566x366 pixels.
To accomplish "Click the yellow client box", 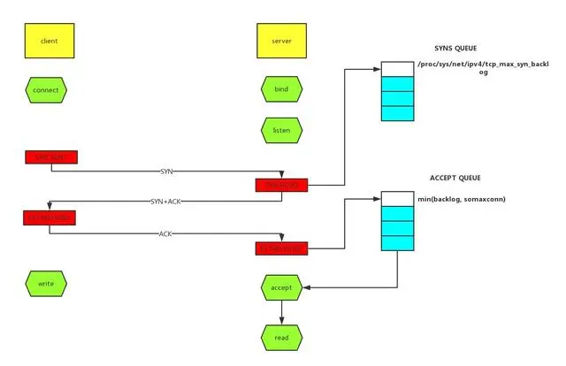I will pyautogui.click(x=50, y=41).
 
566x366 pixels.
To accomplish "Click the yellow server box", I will pyautogui.click(x=281, y=41).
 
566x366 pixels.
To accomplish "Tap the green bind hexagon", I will pyautogui.click(x=281, y=89).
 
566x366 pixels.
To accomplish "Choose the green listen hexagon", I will pyautogui.click(x=281, y=130).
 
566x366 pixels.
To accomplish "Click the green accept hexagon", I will pyautogui.click(x=281, y=286).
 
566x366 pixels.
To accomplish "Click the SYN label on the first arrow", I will pyautogui.click(x=167, y=170).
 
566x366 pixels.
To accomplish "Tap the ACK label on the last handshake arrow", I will pyautogui.click(x=166, y=234).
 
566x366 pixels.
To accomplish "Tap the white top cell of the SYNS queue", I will pyautogui.click(x=397, y=69).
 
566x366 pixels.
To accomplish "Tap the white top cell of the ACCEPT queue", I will pyautogui.click(x=397, y=199).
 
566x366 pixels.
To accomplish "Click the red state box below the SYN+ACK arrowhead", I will pyautogui.click(x=50, y=217).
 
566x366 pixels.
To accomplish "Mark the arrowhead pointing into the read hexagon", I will pyautogui.click(x=281, y=321).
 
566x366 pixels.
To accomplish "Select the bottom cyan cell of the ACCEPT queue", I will pyautogui.click(x=397, y=242).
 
